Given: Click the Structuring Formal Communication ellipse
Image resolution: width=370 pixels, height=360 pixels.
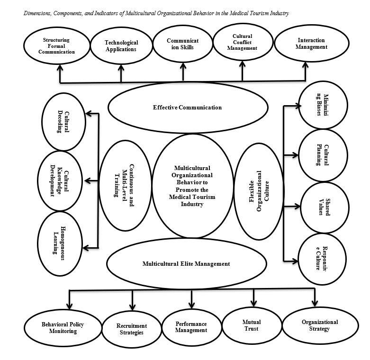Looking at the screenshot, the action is (x=57, y=46).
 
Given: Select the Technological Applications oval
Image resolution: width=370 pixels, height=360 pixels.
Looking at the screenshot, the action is (x=121, y=46).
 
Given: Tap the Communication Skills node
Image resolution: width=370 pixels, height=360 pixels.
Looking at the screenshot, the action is (x=183, y=44).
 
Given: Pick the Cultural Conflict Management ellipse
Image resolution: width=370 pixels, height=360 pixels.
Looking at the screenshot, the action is (x=243, y=42).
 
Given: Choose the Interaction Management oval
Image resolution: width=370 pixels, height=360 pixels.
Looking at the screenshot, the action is (x=312, y=44).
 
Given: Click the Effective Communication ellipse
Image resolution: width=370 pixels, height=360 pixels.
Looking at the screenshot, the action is (x=188, y=108).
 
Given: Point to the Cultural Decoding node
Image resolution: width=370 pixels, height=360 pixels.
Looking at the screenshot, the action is (x=63, y=122).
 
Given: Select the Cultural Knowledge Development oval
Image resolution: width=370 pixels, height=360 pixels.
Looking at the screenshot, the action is (x=60, y=181).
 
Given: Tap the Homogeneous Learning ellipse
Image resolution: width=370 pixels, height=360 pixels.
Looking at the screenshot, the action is (x=60, y=243).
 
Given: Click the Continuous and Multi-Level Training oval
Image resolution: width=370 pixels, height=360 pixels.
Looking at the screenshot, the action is (x=125, y=186).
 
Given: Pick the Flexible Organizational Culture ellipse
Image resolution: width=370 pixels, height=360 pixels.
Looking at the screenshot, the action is (x=259, y=191).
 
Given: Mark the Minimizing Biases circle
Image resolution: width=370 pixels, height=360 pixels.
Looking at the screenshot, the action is (x=323, y=105).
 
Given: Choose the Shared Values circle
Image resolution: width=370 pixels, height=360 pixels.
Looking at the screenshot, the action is (x=325, y=207).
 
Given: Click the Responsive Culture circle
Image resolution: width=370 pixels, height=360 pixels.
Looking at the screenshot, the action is (x=322, y=259).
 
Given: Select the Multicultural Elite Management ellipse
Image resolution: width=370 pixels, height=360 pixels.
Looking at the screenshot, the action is (x=186, y=264).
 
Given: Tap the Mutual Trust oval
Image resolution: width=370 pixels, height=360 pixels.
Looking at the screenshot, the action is (x=252, y=325).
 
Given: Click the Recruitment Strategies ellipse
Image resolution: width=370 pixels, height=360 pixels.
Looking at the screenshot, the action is (x=132, y=329).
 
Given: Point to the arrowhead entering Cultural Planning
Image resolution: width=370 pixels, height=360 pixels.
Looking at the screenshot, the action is (x=295, y=155).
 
